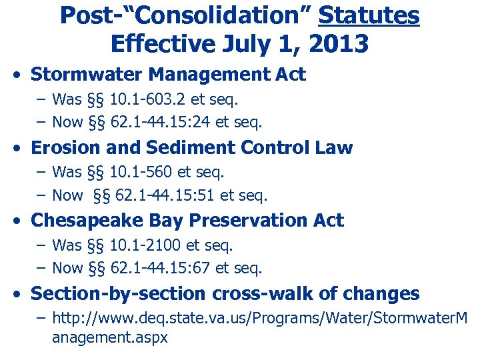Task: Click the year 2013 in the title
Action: (x=340, y=44)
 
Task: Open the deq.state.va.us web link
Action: (x=260, y=318)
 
